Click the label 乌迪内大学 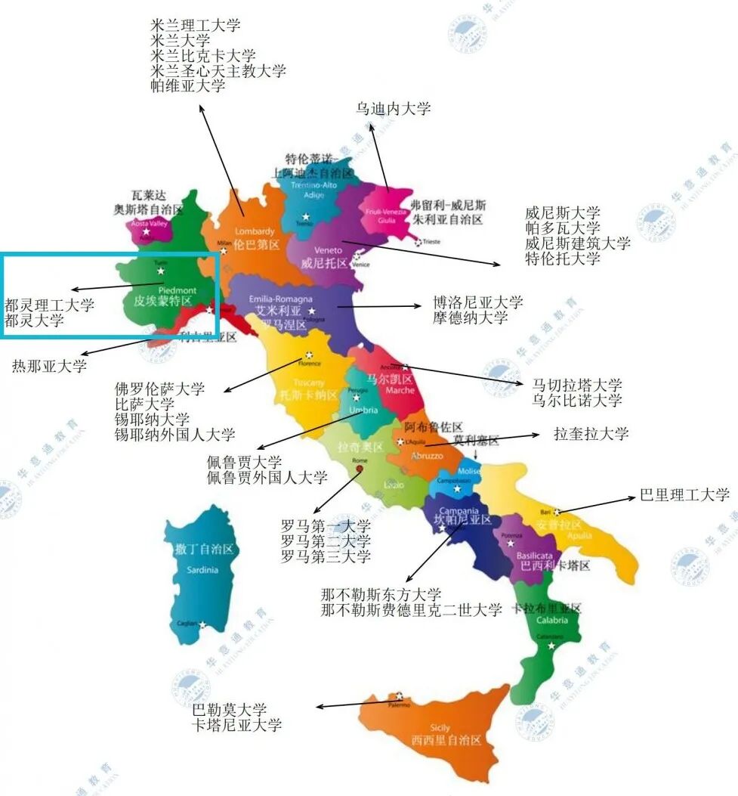(x=394, y=109)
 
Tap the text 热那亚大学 (x=49, y=367)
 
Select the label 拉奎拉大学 (x=591, y=434)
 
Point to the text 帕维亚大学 (x=188, y=86)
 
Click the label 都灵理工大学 (x=49, y=305)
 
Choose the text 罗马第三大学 (x=326, y=556)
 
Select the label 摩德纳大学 (x=471, y=317)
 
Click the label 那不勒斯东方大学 (x=381, y=595)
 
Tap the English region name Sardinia (x=202, y=569)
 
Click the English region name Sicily (x=440, y=728)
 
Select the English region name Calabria (x=552, y=621)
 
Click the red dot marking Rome (x=360, y=469)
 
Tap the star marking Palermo (x=399, y=696)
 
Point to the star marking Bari (x=557, y=512)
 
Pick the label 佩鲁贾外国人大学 (x=267, y=477)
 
